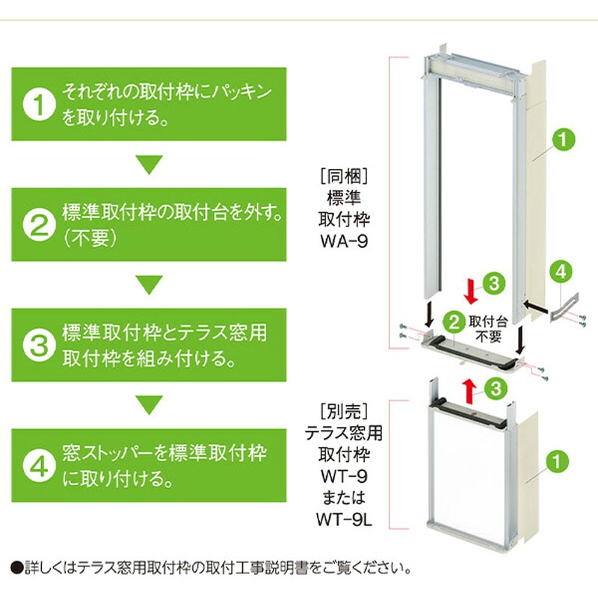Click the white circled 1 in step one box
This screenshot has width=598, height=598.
click(37, 105)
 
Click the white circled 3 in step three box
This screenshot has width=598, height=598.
click(37, 345)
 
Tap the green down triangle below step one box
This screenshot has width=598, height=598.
click(149, 164)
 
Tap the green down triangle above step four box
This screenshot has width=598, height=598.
click(149, 404)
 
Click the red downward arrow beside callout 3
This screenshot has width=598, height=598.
click(469, 290)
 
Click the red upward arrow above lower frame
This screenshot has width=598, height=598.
click(469, 389)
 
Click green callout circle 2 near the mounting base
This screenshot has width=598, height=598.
click(452, 324)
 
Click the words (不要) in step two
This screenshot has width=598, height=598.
click(86, 238)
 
